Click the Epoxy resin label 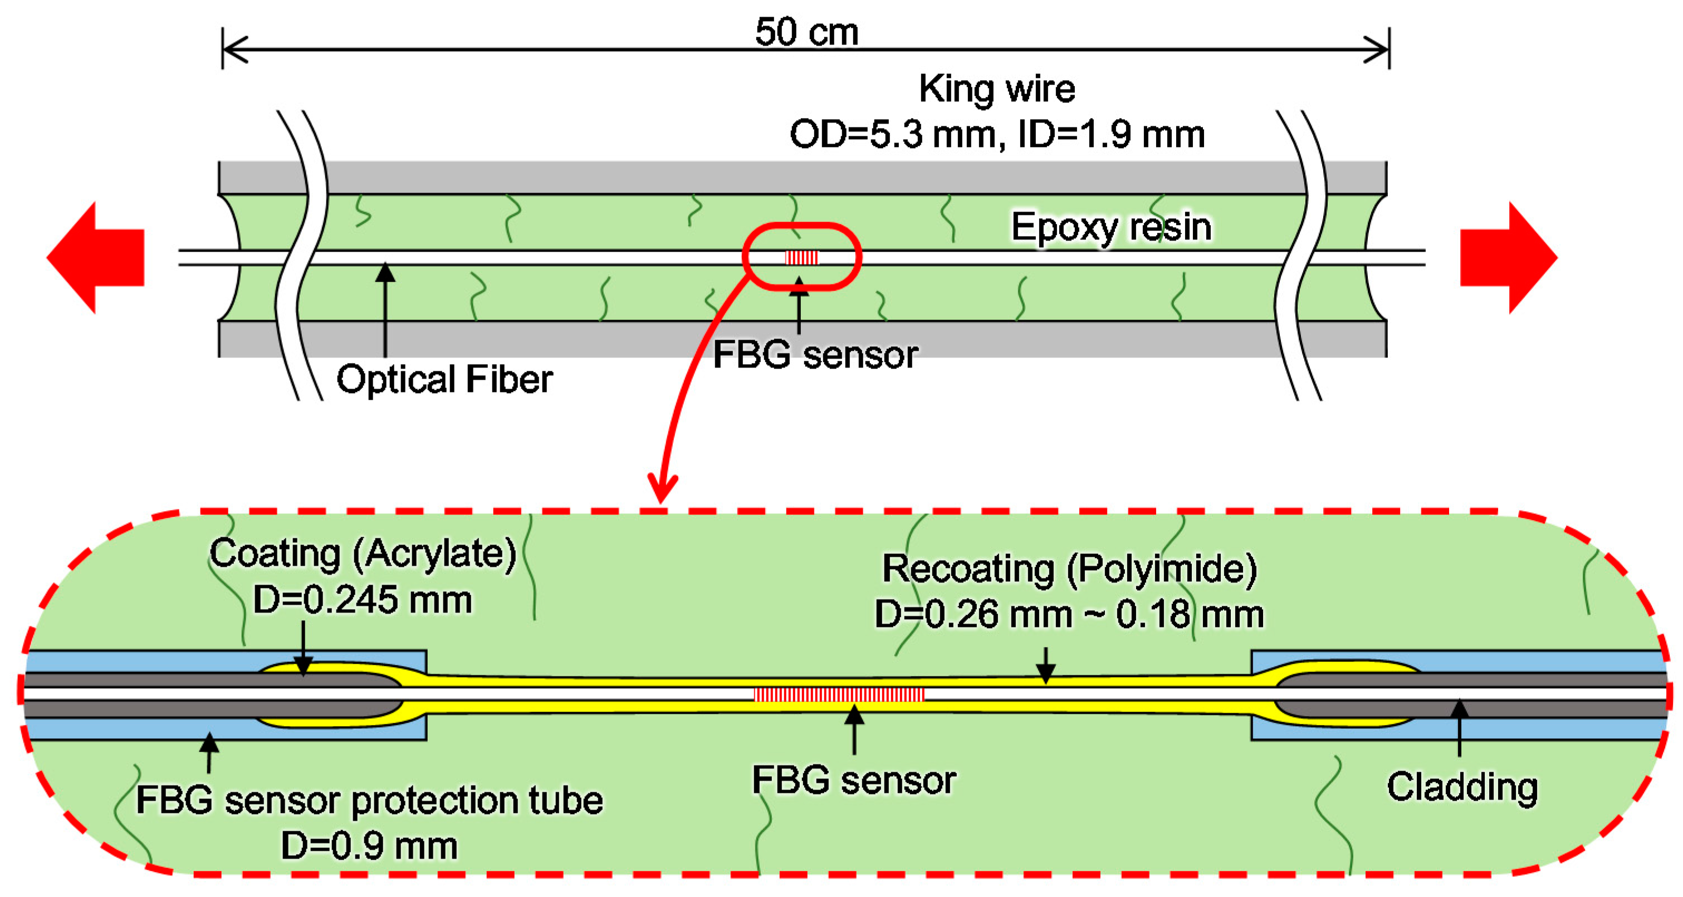pos(1110,227)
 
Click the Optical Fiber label pos(444,379)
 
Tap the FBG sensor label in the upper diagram pos(815,355)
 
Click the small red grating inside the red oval pos(801,257)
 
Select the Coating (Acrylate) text pos(363,553)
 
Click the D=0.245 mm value pos(363,599)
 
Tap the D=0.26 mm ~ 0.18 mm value pos(1069,614)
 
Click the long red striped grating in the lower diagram pos(839,694)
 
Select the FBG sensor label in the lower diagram pos(853,780)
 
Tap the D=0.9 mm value pos(369,846)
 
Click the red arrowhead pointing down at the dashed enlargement pos(662,489)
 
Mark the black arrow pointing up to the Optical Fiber pos(385,307)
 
